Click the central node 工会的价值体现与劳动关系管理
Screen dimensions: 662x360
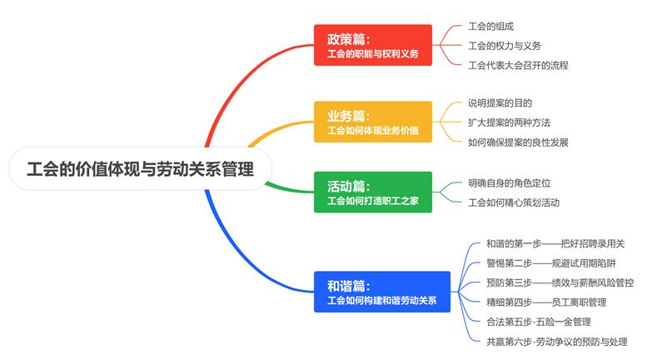(140, 168)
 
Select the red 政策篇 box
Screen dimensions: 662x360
(373, 45)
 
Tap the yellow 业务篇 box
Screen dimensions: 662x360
(373, 122)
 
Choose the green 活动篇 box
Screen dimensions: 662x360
(373, 192)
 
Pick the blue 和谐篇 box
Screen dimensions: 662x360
(382, 292)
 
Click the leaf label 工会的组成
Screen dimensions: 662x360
(491, 26)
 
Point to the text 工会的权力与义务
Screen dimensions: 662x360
(505, 46)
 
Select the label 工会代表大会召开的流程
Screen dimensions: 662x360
(518, 65)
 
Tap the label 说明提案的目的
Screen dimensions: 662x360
(500, 103)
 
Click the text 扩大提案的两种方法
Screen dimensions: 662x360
(509, 122)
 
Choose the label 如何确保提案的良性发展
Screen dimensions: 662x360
(518, 142)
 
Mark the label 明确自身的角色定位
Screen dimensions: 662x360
(509, 183)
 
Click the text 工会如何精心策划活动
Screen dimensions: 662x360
(514, 202)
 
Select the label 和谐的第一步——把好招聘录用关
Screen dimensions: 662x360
(555, 243)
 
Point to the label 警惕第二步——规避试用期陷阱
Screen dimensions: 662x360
(551, 263)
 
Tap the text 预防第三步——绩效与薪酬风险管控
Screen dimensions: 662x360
(560, 282)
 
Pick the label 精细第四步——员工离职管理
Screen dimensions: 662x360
(546, 302)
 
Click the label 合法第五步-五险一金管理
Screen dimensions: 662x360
(538, 322)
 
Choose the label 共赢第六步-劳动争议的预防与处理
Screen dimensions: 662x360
(557, 342)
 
